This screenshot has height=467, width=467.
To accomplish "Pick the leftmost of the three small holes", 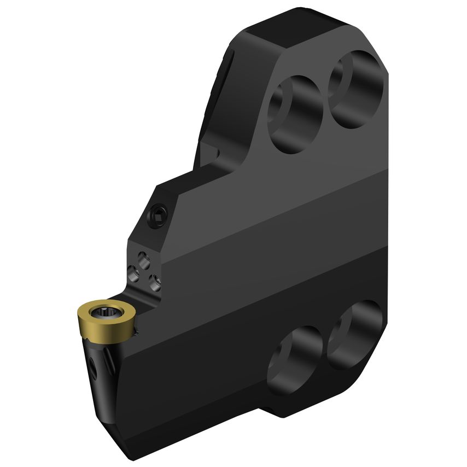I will click(133, 271).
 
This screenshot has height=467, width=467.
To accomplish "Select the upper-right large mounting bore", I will click(355, 89).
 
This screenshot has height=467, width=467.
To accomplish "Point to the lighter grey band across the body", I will click(262, 241).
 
